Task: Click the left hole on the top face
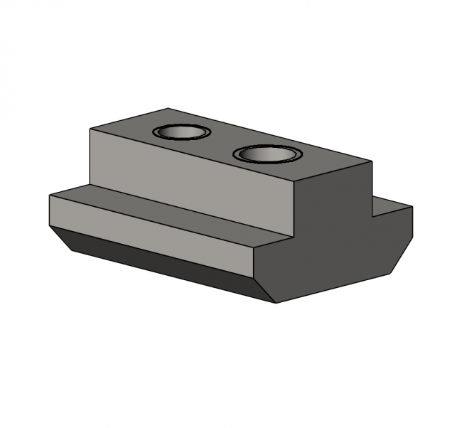181,133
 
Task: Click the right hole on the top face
267,154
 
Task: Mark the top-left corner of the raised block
90,129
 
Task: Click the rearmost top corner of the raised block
168,109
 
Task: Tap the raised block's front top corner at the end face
293,185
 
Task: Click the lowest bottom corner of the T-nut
276,303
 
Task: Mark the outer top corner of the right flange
412,207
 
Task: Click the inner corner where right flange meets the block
372,215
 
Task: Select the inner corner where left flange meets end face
293,238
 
